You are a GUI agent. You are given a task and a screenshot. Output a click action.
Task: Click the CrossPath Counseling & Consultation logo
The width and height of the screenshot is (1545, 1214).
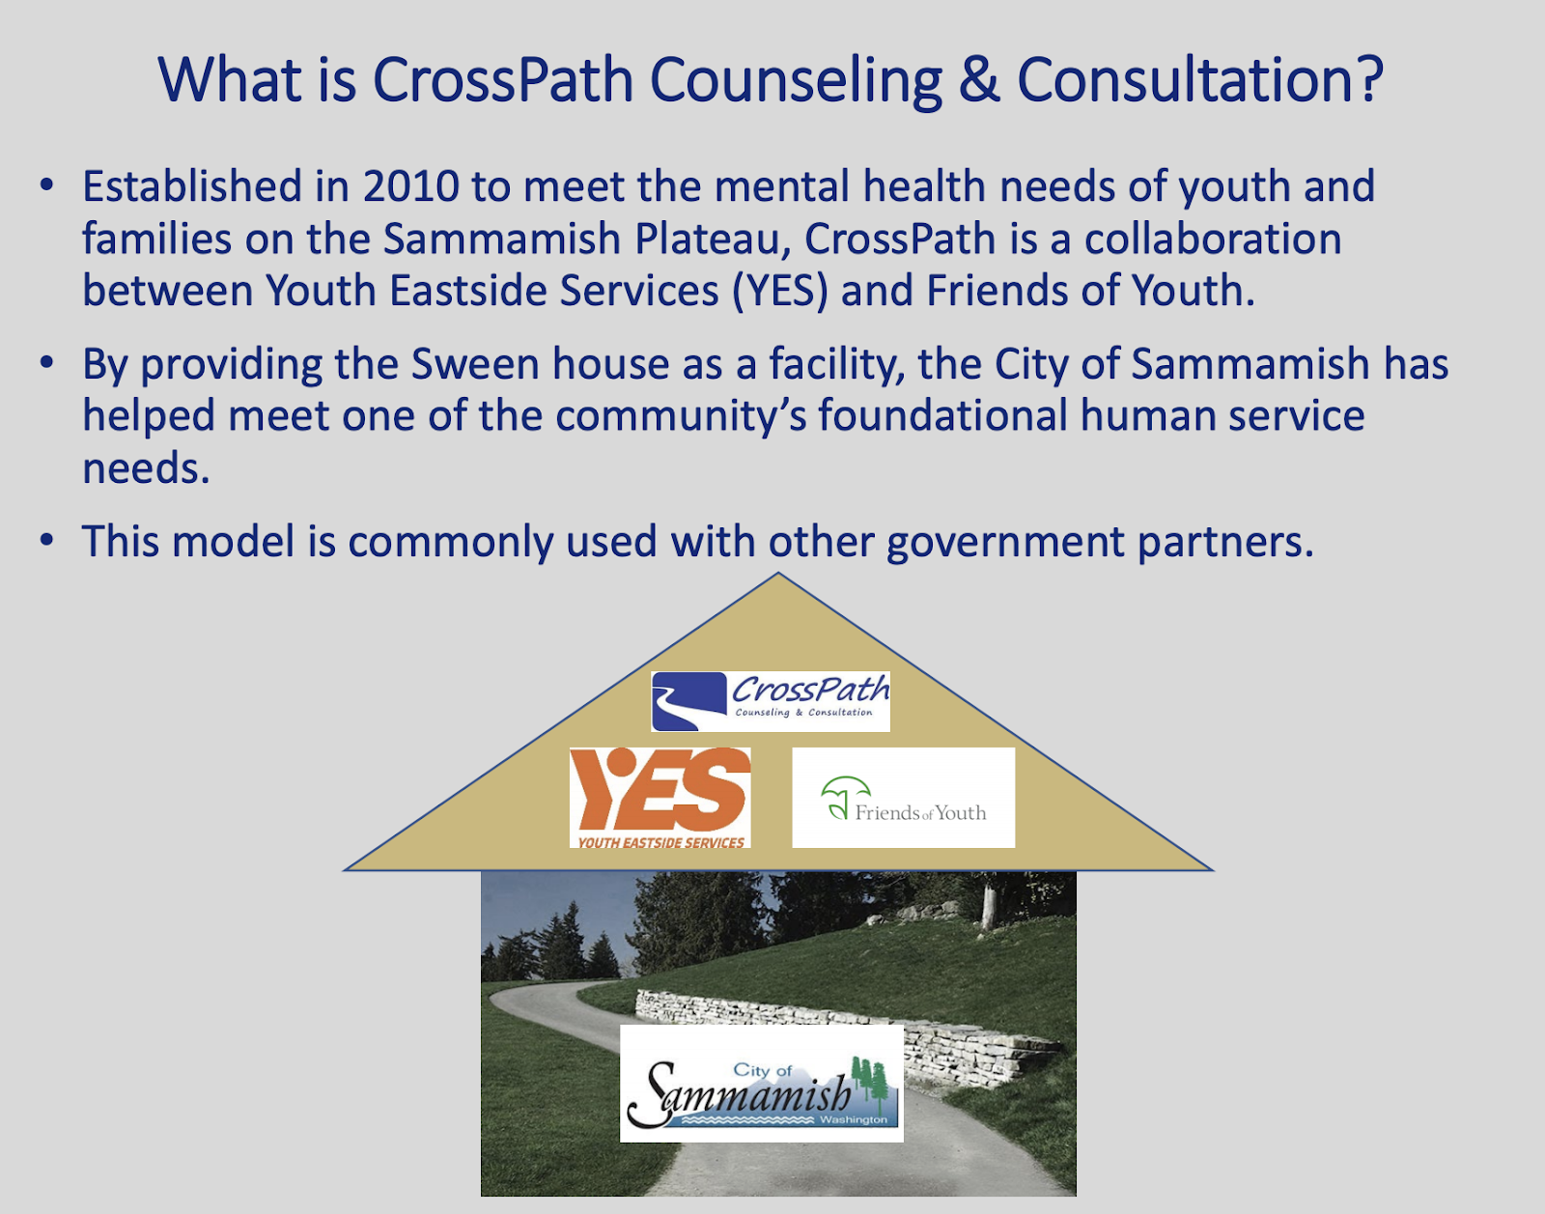(x=770, y=701)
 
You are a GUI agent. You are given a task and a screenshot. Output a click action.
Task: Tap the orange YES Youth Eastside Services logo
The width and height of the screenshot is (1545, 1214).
(x=660, y=798)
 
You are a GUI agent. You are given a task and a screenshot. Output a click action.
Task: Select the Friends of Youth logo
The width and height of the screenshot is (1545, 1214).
(x=903, y=798)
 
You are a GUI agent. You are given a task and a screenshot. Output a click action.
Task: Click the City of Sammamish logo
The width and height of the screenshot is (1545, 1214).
(x=762, y=1084)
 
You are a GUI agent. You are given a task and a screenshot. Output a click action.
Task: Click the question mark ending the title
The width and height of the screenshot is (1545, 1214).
(x=1366, y=79)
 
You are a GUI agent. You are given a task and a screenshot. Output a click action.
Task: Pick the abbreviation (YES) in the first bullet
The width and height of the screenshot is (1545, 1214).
(x=780, y=292)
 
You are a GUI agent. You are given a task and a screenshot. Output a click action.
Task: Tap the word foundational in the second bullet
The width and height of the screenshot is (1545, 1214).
(x=942, y=415)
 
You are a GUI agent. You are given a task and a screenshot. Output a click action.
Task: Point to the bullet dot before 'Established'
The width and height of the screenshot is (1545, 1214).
(x=47, y=186)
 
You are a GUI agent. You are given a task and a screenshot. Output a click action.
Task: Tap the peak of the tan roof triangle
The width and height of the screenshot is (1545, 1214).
(x=778, y=573)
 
